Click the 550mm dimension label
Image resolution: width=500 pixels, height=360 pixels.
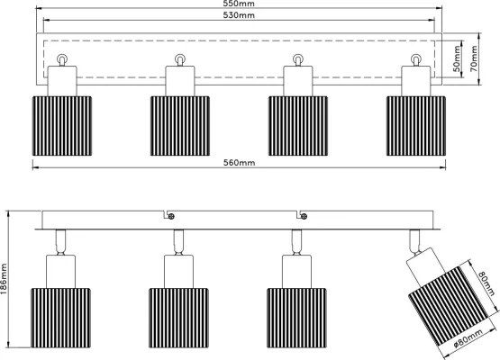pos(239,4)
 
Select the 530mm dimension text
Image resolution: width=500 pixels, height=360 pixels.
pos(239,15)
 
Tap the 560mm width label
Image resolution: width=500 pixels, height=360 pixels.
pos(239,163)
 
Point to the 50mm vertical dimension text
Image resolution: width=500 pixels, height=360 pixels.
pos(457,58)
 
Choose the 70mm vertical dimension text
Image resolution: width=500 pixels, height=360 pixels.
pos(474,58)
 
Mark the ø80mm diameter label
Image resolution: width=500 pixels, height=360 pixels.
pos(468,338)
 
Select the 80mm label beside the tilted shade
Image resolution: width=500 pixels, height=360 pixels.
pos(486,283)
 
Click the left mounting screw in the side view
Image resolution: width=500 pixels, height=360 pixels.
pos(171,217)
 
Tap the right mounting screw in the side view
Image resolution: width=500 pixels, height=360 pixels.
pos(304,217)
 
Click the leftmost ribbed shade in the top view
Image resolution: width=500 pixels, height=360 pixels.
pos(62,126)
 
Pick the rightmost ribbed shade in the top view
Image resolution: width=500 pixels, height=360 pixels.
pos(416,126)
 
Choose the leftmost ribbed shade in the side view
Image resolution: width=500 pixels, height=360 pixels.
pos(60,318)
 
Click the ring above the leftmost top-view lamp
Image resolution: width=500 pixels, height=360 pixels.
pos(62,58)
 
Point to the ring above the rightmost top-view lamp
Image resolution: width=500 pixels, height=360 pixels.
pos(416,58)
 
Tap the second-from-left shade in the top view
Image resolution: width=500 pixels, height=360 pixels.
pos(180,126)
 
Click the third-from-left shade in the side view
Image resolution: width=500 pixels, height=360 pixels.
pos(296,318)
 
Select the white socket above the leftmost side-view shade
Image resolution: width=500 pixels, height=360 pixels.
pos(61,272)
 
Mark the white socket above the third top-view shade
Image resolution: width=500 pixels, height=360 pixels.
pos(298,81)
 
